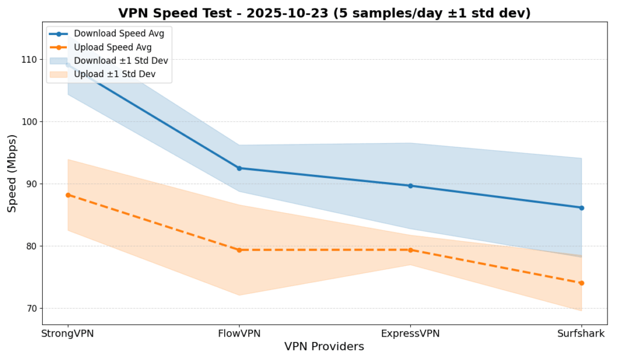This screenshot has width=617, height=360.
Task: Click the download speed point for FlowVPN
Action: pos(239,168)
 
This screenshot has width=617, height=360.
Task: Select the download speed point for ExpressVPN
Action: pos(410,186)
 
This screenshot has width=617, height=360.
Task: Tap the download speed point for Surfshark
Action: pos(581,208)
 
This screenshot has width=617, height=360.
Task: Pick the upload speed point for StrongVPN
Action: pos(68,195)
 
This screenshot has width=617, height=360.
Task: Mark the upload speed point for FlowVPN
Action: pos(239,250)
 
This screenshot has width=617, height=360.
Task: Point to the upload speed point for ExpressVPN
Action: pos(410,250)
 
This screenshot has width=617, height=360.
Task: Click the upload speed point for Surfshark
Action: pos(581,283)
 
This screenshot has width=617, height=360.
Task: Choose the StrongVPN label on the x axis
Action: pos(67,333)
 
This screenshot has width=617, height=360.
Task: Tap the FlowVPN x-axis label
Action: pos(239,333)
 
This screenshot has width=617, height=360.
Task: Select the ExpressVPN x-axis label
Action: pos(410,333)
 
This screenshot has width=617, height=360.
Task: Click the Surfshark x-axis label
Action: pos(581,333)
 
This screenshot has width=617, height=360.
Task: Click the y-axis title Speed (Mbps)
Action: pos(12,173)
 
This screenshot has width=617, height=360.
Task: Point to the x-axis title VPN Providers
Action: pos(324,347)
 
